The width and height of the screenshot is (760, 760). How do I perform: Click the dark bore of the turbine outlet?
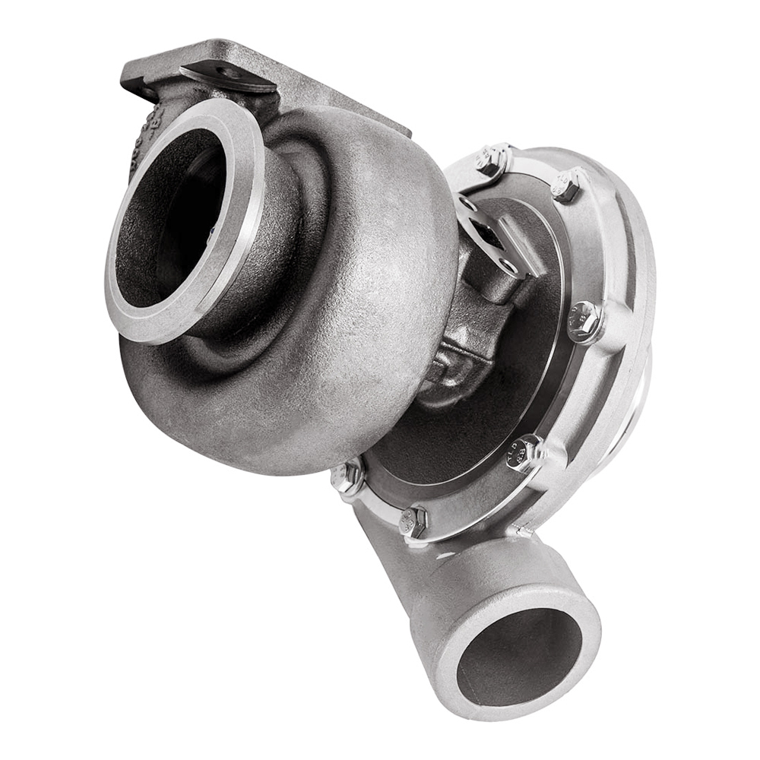click(171, 220)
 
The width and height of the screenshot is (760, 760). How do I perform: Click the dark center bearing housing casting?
click(456, 334)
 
